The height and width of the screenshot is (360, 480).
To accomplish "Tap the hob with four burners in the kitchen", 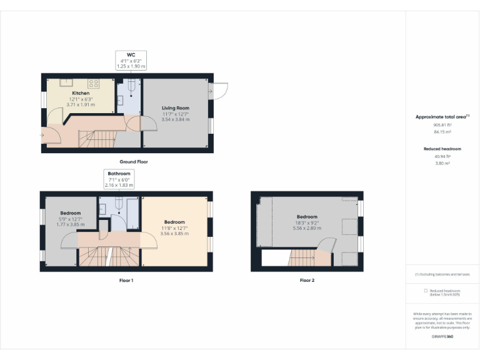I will click(x=94, y=82).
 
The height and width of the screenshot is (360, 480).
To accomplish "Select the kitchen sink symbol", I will click(x=65, y=82).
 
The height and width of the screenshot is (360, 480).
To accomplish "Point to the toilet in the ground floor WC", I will click(x=131, y=89).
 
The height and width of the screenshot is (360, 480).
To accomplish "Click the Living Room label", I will click(x=175, y=108).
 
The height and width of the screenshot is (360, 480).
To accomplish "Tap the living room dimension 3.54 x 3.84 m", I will click(x=175, y=119).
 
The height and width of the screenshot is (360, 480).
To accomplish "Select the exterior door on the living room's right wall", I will click(x=219, y=91).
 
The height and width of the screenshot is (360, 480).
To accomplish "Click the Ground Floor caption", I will click(x=134, y=162).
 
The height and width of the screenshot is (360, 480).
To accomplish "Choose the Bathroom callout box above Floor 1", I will click(x=119, y=179).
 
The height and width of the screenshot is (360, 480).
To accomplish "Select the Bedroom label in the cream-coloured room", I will click(x=174, y=222).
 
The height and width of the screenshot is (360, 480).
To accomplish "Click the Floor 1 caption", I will click(x=126, y=281).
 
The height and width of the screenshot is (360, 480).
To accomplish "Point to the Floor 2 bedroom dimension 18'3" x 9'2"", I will click(x=307, y=222).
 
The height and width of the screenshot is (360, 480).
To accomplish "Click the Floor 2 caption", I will click(x=307, y=281).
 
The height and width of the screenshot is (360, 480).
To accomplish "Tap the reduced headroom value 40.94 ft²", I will click(x=442, y=156).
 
